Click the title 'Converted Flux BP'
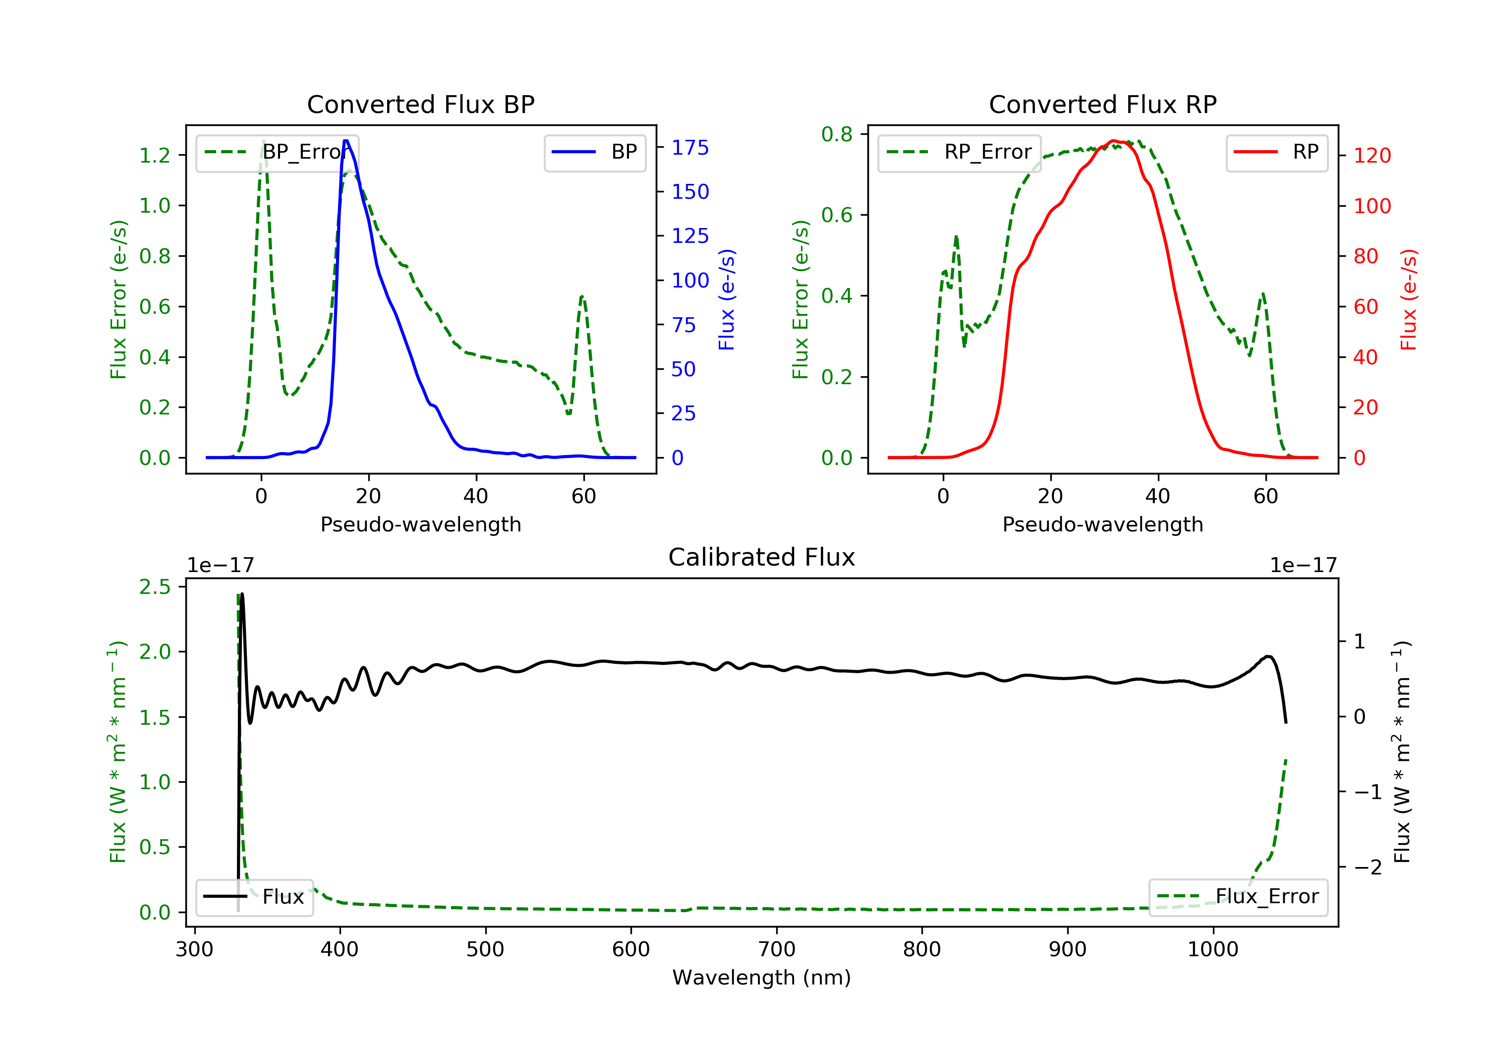[x=420, y=104]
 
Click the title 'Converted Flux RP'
[x=1102, y=104]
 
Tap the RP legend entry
[x=1276, y=152]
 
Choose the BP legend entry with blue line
[x=594, y=152]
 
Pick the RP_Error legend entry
[x=959, y=152]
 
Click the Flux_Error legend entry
[x=1238, y=897]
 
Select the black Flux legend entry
[x=254, y=897]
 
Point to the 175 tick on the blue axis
[x=690, y=148]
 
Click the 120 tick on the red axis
[x=1372, y=156]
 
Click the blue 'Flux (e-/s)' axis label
[x=727, y=299]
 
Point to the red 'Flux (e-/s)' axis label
[x=1409, y=299]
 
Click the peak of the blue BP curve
[x=346, y=141]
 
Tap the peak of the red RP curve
[x=1113, y=141]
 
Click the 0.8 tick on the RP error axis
[x=837, y=134]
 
